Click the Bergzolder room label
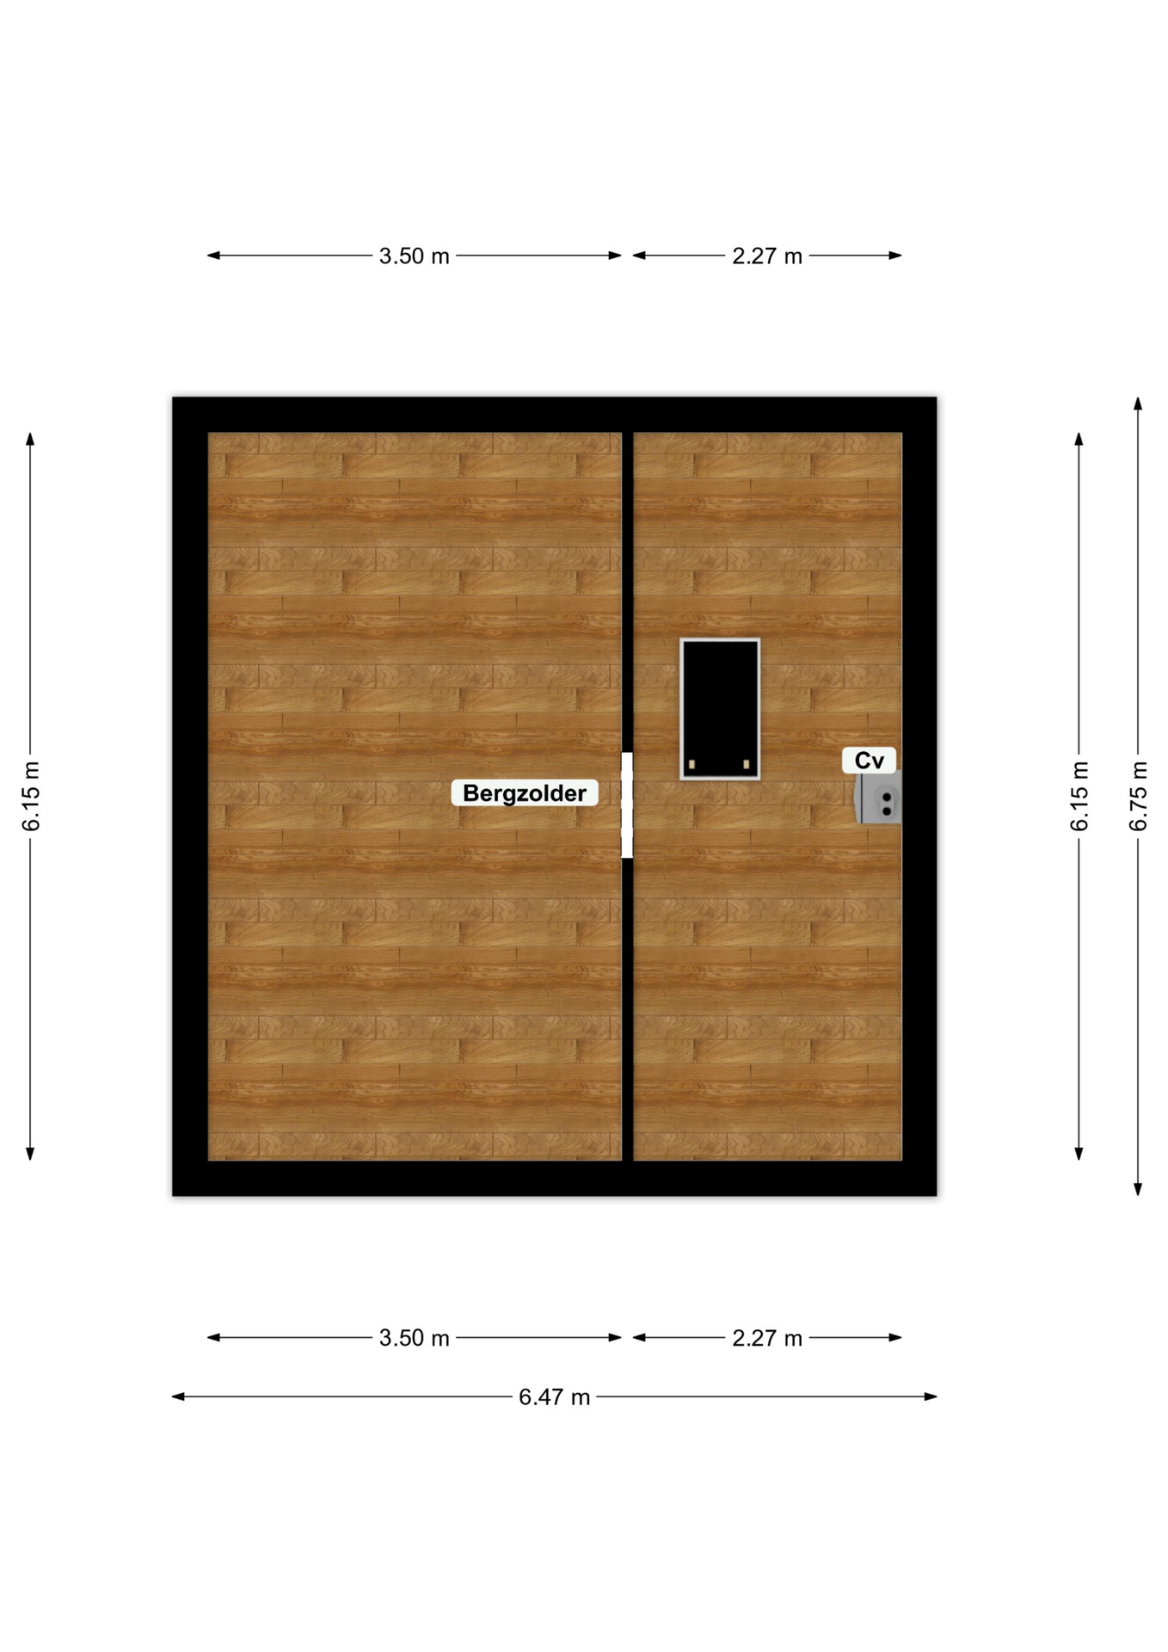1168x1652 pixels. (x=525, y=792)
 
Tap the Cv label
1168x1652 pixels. (x=869, y=761)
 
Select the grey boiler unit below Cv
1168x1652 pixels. (x=878, y=798)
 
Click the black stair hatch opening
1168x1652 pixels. (x=720, y=709)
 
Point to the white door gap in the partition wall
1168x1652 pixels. (x=627, y=804)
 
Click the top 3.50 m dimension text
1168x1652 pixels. (x=415, y=256)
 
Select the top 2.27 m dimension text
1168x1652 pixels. (x=767, y=256)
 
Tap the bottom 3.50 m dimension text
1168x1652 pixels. (x=415, y=1338)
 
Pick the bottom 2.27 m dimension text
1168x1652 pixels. (x=767, y=1338)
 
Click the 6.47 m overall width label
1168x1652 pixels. (x=555, y=1397)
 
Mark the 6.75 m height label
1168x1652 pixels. (x=1138, y=796)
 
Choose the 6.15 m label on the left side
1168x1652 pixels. (x=31, y=796)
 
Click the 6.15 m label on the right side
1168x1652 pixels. (x=1079, y=796)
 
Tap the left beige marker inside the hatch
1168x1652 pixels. (x=692, y=764)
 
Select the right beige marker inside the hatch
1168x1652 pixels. (x=746, y=764)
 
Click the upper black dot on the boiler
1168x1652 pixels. (x=887, y=798)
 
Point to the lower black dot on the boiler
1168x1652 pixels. (x=887, y=811)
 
